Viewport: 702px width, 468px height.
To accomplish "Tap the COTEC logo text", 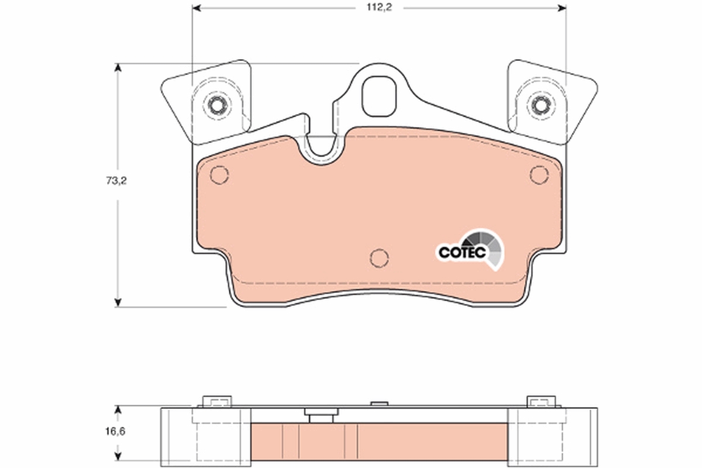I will [462, 252].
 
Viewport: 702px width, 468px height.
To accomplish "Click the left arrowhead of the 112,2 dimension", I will [197, 8].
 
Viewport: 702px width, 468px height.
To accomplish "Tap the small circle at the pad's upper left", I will [219, 174].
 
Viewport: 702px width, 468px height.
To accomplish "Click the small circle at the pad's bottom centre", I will [380, 257].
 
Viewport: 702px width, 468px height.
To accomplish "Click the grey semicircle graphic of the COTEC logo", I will [486, 246].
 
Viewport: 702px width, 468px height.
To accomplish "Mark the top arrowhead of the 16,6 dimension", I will [118, 409].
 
